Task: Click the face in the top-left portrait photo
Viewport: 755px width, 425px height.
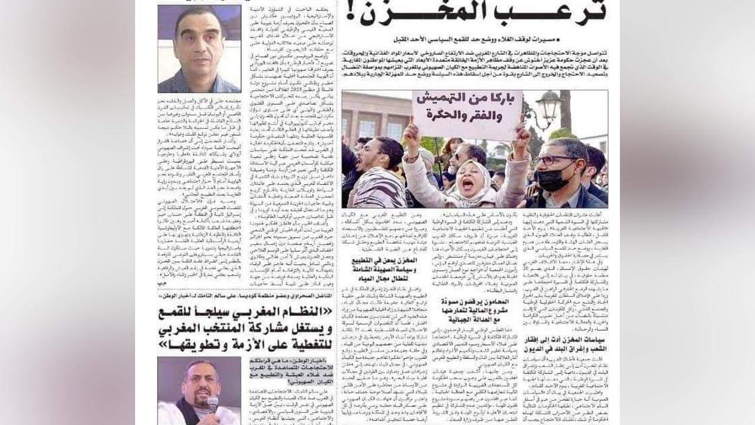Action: pyautogui.click(x=199, y=41)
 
